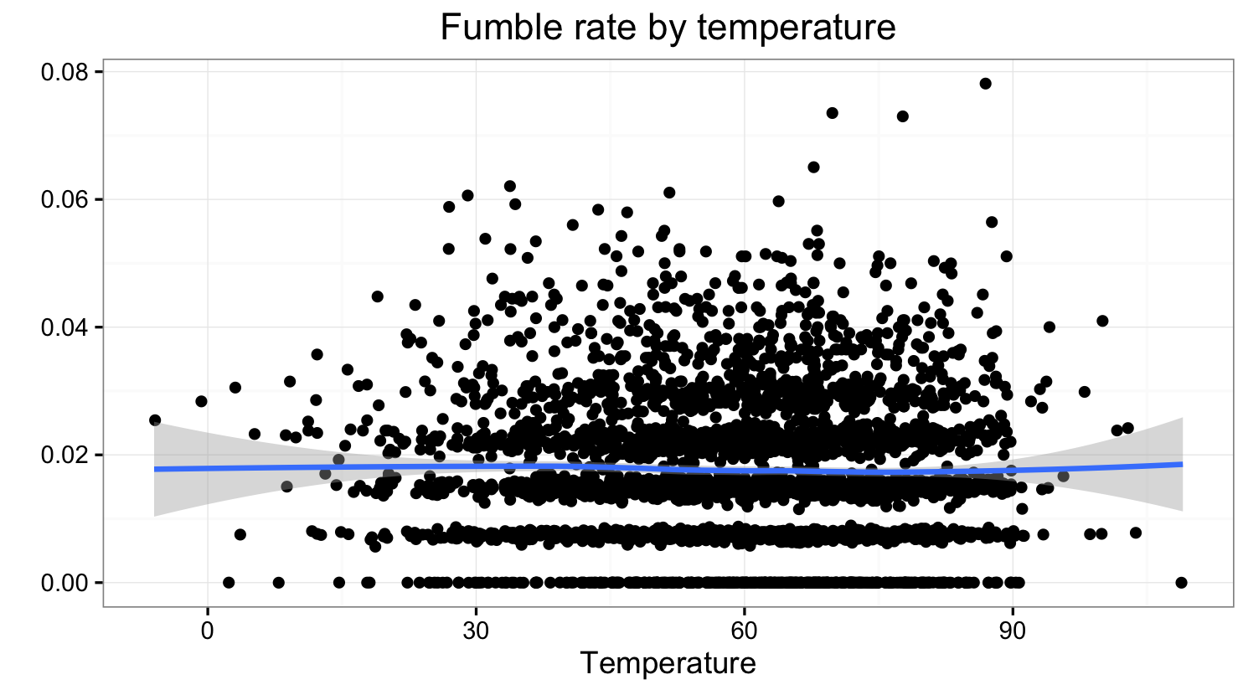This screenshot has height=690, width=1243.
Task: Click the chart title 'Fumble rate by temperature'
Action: (x=668, y=28)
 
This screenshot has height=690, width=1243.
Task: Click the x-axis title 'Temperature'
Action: (x=668, y=662)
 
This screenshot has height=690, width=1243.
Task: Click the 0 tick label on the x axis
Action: (x=207, y=630)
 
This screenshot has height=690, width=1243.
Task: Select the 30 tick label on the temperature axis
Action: (x=476, y=630)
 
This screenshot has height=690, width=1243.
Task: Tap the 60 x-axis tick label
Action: (x=744, y=630)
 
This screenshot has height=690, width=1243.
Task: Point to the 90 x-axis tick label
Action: (x=1013, y=630)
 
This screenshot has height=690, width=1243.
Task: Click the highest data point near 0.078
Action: (x=985, y=83)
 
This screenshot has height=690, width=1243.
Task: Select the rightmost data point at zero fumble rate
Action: (x=1181, y=582)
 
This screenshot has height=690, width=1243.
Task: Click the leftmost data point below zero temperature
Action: (x=155, y=420)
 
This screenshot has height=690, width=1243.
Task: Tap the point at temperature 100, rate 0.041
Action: (x=1102, y=321)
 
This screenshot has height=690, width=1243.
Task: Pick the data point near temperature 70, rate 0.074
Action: (x=832, y=113)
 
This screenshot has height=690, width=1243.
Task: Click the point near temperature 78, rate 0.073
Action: (x=902, y=116)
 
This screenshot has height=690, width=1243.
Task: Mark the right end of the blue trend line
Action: (x=1182, y=464)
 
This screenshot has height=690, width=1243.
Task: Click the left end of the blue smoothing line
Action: (x=156, y=469)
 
